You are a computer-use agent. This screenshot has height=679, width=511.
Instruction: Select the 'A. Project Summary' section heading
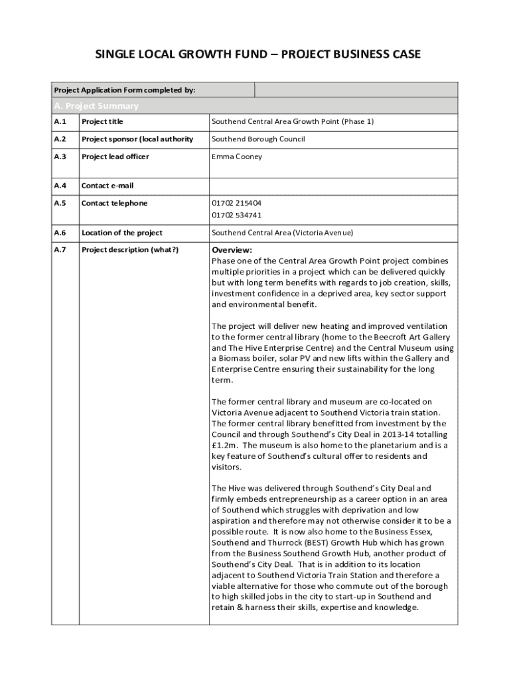[96, 106]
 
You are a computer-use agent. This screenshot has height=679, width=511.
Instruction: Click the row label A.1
[60, 122]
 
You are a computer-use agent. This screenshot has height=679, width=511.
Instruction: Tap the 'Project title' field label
[102, 122]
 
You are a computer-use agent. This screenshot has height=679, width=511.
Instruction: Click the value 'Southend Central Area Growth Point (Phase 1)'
[293, 122]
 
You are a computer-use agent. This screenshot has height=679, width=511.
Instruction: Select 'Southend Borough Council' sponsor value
[258, 139]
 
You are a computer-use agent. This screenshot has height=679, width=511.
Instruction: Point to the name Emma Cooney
[237, 156]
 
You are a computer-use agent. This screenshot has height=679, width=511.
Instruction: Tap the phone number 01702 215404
[236, 203]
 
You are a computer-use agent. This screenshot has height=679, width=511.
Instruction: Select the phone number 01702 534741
[236, 215]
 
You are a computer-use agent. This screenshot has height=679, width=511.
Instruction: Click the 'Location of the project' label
[121, 233]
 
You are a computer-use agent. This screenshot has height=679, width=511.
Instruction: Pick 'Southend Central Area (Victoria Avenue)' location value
[282, 233]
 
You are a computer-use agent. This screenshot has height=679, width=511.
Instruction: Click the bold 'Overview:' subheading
[232, 250]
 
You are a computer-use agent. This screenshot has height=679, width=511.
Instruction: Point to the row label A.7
[60, 250]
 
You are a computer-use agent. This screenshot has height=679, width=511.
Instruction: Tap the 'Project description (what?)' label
[130, 250]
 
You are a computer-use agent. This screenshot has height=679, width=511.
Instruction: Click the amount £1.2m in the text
[224, 445]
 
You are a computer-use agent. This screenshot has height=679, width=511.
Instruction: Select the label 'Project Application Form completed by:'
[124, 90]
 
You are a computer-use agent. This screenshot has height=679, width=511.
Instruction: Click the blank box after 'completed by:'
[356, 90]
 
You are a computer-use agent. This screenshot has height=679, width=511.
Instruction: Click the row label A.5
[60, 203]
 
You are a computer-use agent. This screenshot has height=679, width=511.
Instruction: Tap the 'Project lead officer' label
[115, 156]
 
